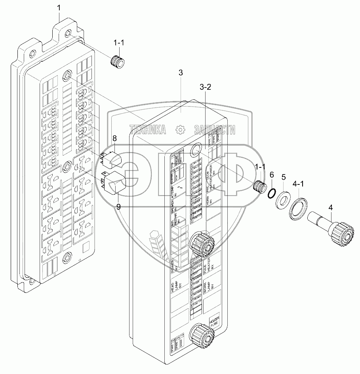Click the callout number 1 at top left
pos(59,8)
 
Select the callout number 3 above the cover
pos(181,73)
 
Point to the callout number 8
pos(114,138)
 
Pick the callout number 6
pos(271,175)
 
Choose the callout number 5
pos(284,177)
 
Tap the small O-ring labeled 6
pos(271,193)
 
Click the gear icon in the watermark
pos(180,129)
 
